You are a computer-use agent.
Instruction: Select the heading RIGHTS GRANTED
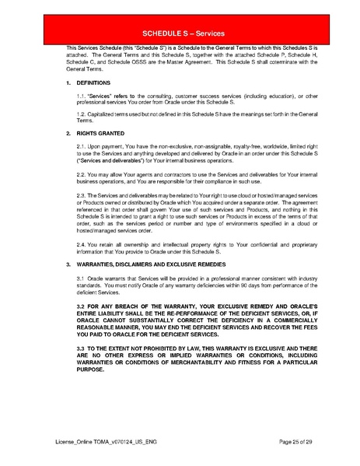tap(100, 134)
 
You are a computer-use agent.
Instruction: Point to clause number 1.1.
tap(82, 96)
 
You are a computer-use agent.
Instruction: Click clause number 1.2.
tap(82, 114)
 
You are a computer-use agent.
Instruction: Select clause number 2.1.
tap(82, 146)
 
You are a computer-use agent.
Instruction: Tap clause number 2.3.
tap(82, 197)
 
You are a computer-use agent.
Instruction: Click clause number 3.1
tap(82, 278)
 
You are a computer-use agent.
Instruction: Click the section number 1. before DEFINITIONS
tap(68, 82)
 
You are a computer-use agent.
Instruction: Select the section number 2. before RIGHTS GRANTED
tap(68, 134)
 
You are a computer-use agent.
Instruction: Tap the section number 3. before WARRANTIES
tap(68, 265)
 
